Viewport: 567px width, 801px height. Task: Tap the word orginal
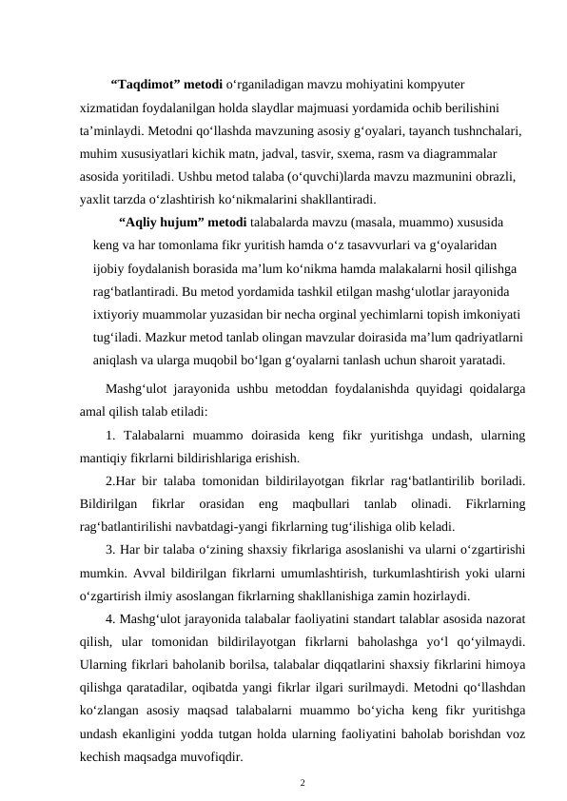pyautogui.click(x=351, y=315)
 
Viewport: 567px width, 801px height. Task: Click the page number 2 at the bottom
pyautogui.click(x=303, y=784)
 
